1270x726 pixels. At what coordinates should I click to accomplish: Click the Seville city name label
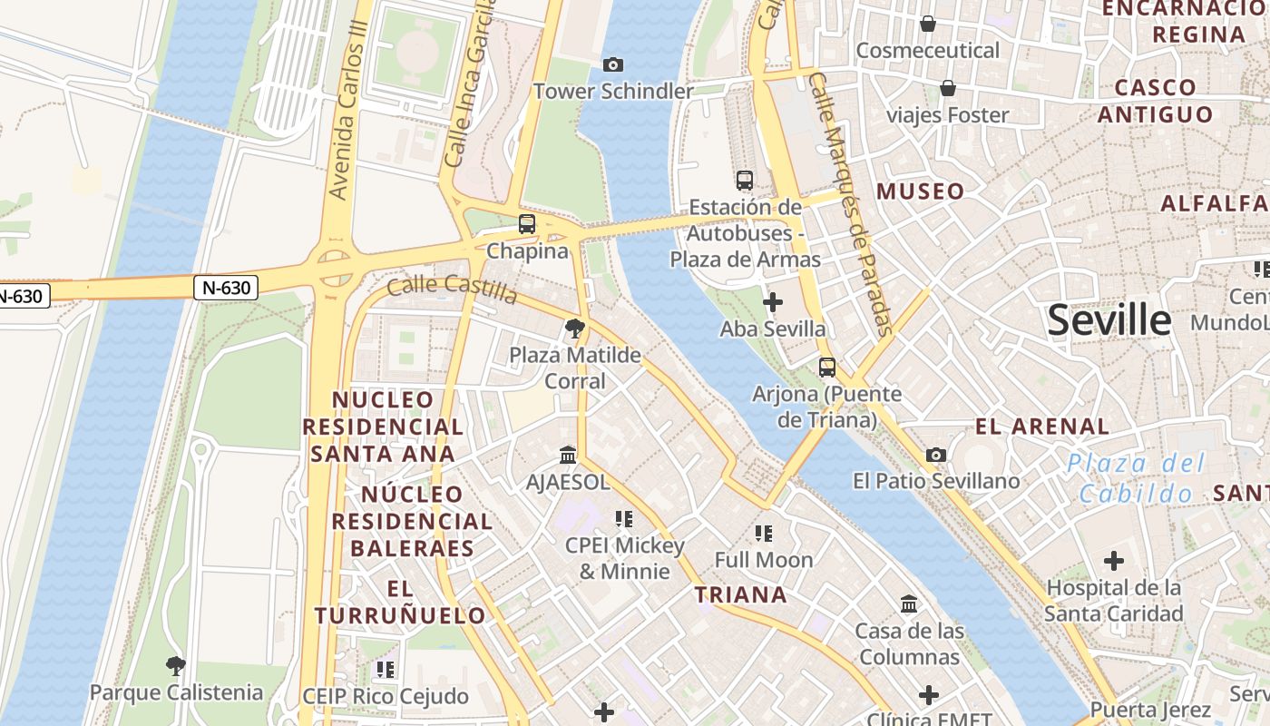(1109, 320)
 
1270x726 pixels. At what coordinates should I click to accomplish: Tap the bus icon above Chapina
(527, 223)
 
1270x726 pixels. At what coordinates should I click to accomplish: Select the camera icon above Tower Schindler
(613, 64)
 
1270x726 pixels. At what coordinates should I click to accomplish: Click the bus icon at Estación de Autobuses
(745, 181)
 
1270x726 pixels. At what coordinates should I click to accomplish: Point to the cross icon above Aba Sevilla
(773, 302)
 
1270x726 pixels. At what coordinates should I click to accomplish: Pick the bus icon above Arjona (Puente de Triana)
(827, 368)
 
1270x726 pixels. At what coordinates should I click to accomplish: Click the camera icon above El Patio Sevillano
(936, 455)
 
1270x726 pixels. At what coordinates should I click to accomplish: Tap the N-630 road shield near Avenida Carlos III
(226, 288)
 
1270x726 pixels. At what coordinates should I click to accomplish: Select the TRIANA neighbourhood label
(740, 595)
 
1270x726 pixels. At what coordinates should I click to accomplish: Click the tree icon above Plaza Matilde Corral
(574, 329)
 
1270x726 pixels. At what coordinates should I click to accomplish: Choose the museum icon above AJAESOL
(568, 455)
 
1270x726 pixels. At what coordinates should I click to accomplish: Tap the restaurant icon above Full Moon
(763, 534)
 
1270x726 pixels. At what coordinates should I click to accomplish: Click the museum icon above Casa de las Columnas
(909, 603)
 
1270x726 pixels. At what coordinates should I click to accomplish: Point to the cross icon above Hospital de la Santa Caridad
(1113, 561)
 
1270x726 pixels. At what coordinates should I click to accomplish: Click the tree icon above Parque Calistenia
(176, 666)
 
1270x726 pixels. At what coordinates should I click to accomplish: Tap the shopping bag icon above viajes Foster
(948, 88)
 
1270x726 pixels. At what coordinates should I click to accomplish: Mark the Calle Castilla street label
(452, 289)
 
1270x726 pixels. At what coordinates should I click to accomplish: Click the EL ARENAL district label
(1041, 427)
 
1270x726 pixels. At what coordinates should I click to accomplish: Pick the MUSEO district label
(920, 191)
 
